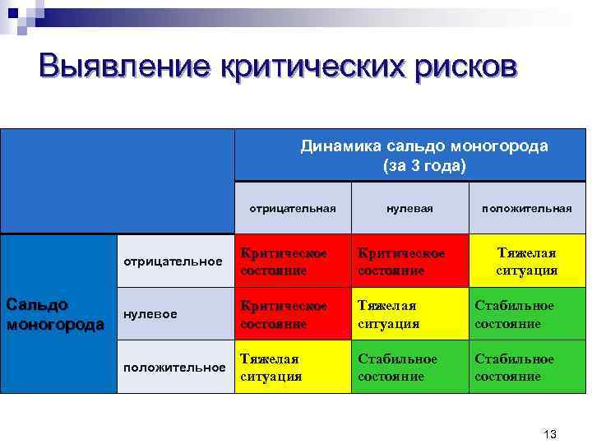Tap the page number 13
(551, 433)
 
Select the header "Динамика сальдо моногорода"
(424, 146)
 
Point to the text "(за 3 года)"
(424, 166)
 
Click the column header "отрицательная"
(293, 208)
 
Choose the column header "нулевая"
(409, 208)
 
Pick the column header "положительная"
(527, 208)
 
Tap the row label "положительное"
(174, 367)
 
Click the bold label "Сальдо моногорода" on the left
(55, 314)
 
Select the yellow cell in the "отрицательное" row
(527, 261)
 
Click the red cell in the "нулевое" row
(293, 314)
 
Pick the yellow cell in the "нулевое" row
(409, 314)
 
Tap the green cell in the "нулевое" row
(527, 314)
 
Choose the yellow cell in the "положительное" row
(293, 367)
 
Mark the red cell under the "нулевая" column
(409, 261)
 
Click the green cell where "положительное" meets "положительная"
(527, 367)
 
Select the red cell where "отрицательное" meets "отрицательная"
(293, 261)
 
